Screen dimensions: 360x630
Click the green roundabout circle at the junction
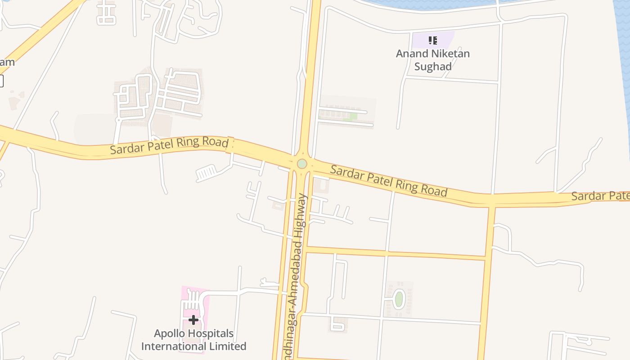click(302, 163)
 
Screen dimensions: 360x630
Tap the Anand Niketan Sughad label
click(432, 60)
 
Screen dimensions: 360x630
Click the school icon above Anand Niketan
click(433, 40)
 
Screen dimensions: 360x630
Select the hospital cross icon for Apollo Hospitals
click(193, 320)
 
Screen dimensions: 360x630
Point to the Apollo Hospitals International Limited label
click(193, 340)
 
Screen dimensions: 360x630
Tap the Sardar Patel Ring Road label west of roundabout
click(169, 146)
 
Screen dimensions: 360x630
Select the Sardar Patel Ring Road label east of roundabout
click(389, 180)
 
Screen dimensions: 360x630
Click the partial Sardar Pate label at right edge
click(600, 196)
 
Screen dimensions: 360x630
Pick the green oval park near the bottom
click(399, 299)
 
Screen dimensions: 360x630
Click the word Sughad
click(432, 66)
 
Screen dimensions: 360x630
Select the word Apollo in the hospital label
click(169, 333)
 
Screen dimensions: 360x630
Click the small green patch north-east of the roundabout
click(353, 116)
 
